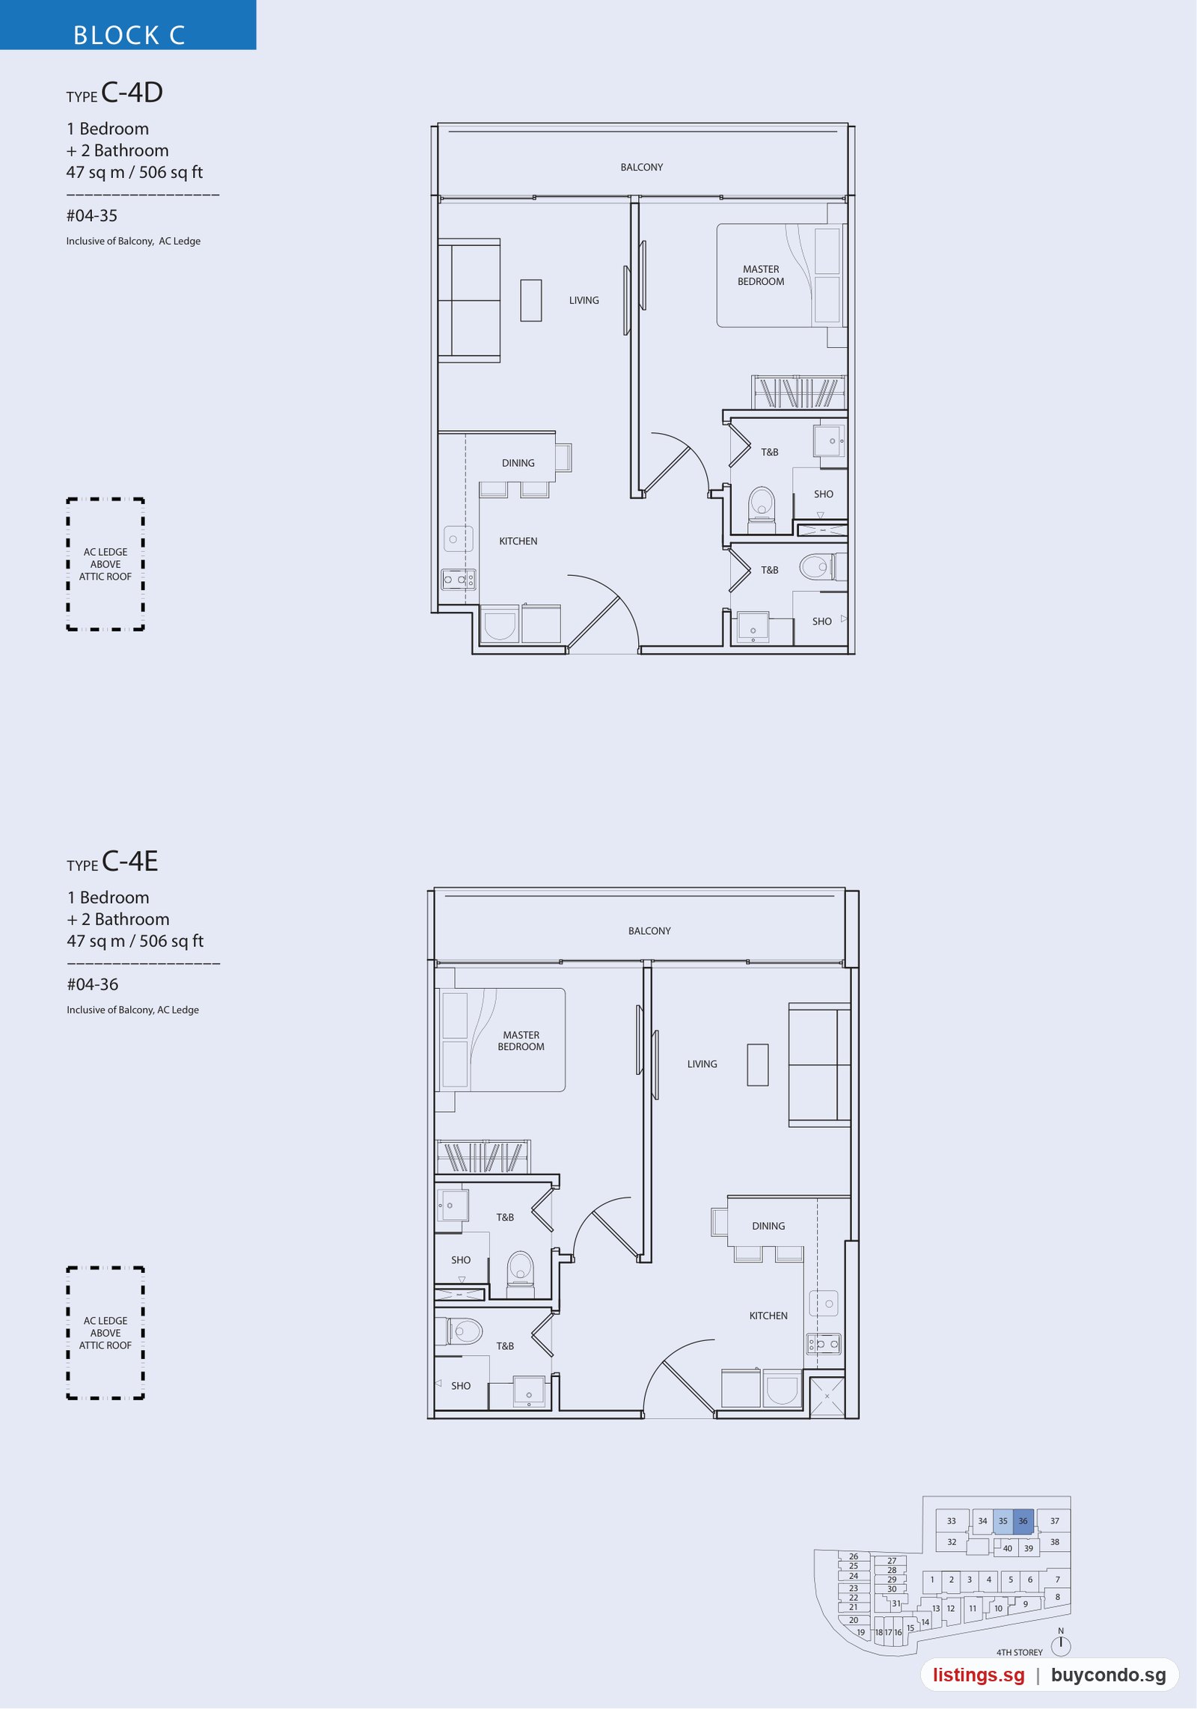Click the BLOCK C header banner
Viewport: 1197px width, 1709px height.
coord(128,25)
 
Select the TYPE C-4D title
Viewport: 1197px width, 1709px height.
coord(114,93)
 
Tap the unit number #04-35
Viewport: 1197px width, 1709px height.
coord(92,216)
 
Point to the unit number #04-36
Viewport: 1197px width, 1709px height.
coord(93,984)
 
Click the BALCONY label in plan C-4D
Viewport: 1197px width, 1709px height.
coord(641,168)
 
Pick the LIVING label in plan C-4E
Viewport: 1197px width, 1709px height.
coord(702,1064)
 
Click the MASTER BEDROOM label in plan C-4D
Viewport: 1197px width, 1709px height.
coord(761,275)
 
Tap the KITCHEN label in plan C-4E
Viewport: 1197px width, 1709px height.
coord(768,1316)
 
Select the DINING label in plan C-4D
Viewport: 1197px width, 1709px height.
coord(518,463)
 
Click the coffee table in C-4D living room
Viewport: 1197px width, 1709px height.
coord(531,300)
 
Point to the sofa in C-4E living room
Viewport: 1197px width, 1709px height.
coord(819,1064)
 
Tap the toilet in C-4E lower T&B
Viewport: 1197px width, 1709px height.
coord(462,1331)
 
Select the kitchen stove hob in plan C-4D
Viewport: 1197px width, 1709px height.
coord(458,580)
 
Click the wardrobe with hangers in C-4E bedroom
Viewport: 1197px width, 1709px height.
coord(483,1157)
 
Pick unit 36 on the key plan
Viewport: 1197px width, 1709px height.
coord(1023,1521)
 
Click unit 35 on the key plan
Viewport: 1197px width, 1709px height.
coord(1002,1521)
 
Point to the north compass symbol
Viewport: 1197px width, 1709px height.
coord(1061,1645)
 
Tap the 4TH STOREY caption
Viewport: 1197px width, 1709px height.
coord(1019,1652)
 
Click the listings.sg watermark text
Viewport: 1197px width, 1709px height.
coord(979,1675)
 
